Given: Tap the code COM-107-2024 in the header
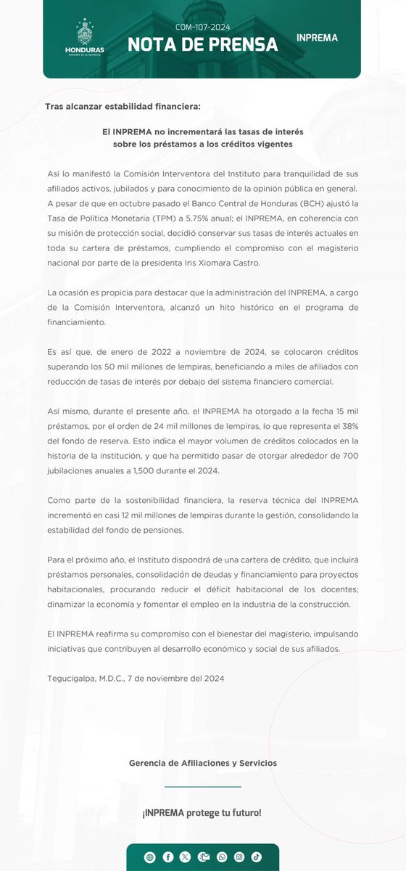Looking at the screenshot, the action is [x=203, y=27].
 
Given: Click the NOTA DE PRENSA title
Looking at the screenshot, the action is [x=203, y=45].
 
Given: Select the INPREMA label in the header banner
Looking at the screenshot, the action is [x=317, y=37].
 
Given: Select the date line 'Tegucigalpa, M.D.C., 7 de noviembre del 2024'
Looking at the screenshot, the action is [x=135, y=678].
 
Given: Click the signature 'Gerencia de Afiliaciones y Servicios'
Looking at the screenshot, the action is [x=202, y=763].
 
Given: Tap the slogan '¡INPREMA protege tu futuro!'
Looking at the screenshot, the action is [x=202, y=812].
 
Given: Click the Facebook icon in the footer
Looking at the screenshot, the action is [x=168, y=856].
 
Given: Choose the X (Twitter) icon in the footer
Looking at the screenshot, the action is [x=186, y=856].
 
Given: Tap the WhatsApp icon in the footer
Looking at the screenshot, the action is [x=221, y=856].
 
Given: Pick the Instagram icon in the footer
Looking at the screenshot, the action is [x=239, y=856].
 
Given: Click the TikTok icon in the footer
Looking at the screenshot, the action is [x=256, y=856].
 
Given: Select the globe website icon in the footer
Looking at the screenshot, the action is [x=150, y=856].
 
